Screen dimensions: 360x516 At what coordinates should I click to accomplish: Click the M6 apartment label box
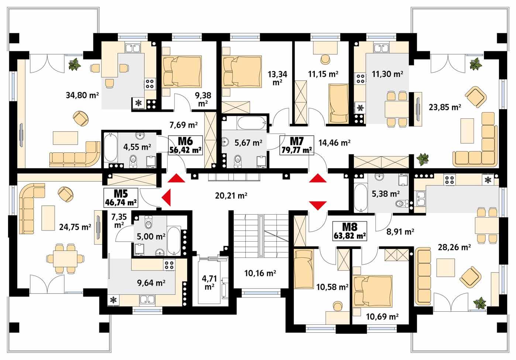click(x=186, y=145)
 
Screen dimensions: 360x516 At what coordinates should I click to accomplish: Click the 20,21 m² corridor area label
click(x=231, y=195)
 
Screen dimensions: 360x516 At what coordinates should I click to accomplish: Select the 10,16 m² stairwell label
click(x=260, y=273)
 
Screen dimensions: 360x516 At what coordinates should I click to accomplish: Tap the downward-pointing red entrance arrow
click(x=318, y=205)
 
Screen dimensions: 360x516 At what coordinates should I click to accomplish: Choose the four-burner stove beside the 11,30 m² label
click(x=360, y=78)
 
